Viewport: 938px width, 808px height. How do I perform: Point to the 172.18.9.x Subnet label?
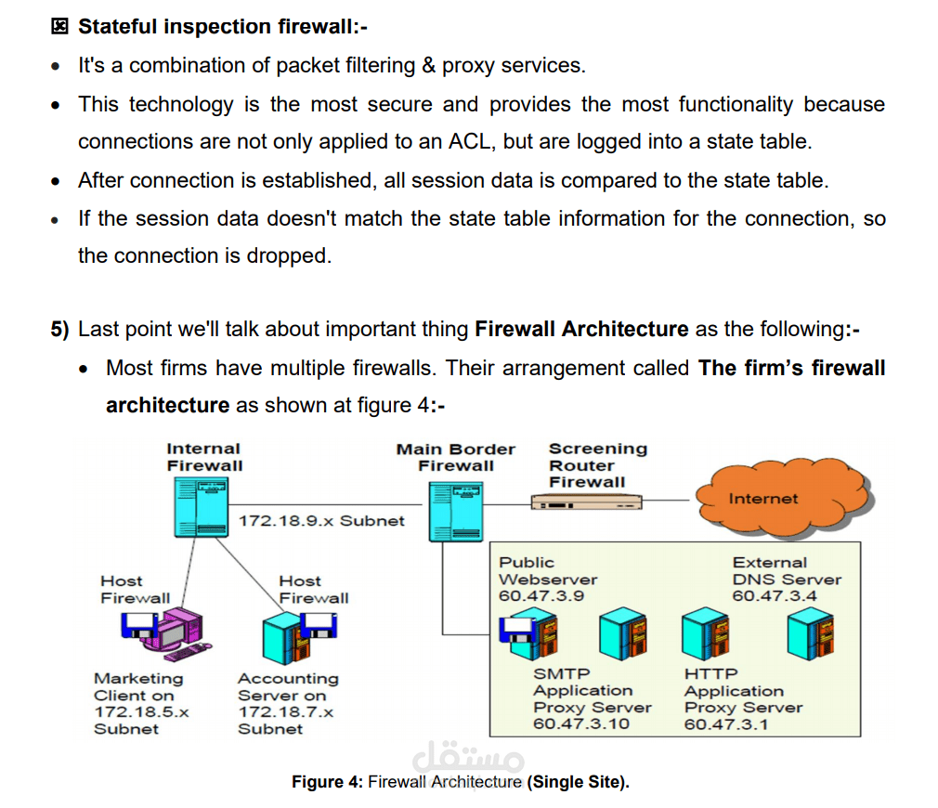coord(321,521)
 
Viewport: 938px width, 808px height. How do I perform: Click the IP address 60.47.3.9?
coord(541,596)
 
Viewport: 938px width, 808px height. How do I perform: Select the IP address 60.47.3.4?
coord(775,596)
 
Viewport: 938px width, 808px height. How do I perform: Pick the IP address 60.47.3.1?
coord(726,724)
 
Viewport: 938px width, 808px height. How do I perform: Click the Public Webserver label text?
coord(547,571)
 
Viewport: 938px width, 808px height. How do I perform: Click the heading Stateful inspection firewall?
coord(222,26)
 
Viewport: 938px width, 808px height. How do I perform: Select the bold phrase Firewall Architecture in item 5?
coord(581,329)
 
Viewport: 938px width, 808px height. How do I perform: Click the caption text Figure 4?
coord(327,782)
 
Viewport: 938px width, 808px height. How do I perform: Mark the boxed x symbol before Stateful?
coord(59,26)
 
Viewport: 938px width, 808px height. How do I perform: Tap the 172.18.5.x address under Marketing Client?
coord(141,712)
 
